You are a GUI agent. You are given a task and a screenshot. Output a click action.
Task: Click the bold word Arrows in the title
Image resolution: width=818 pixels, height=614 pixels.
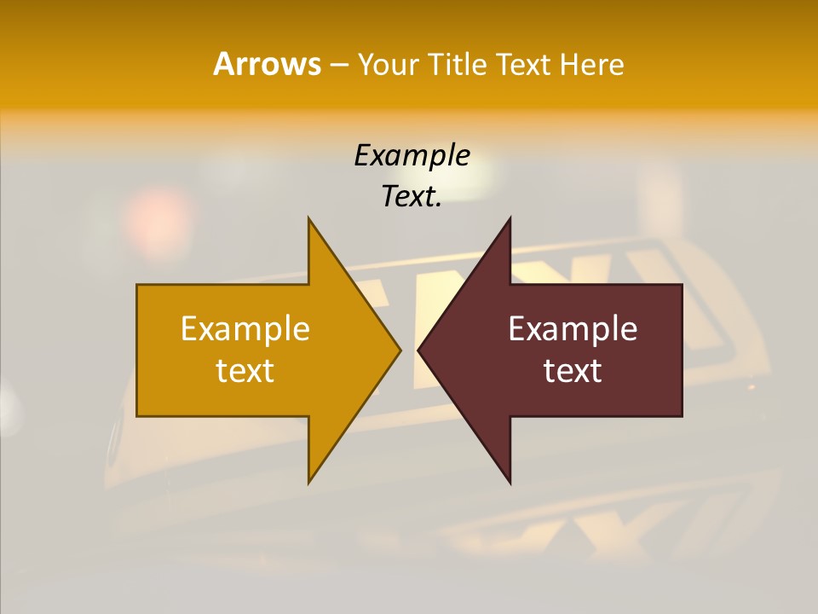pos(266,64)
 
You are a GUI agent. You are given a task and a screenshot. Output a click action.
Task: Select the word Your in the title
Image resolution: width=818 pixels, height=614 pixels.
pos(388,64)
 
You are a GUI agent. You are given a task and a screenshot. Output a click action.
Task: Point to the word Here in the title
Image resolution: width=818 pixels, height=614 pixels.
pos(592,64)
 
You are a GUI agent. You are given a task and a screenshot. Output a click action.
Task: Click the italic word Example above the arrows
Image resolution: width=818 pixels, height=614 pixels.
pos(412,155)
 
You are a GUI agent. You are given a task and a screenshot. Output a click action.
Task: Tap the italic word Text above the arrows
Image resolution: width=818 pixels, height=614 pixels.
pos(408,196)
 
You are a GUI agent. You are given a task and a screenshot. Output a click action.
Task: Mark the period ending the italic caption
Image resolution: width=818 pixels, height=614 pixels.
pos(439,205)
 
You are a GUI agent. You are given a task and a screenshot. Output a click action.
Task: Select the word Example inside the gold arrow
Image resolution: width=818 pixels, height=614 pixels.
pos(245,328)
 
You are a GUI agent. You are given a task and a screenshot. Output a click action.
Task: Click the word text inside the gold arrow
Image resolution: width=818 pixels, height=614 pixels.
pos(245,371)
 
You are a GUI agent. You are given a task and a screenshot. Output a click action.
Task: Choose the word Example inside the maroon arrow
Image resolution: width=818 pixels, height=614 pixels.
pos(573,328)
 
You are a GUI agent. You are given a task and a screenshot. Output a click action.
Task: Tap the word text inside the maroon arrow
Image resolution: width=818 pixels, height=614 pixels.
pos(573,371)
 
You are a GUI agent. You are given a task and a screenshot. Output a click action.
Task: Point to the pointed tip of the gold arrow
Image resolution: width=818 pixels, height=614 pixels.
pos(400,350)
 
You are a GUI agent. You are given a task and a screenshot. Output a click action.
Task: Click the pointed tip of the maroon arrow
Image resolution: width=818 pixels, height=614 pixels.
pos(419,350)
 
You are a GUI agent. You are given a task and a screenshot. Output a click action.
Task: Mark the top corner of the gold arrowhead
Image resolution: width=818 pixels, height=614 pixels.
pos(309,219)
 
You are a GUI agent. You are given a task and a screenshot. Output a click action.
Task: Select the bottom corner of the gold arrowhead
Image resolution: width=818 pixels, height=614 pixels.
pos(309,482)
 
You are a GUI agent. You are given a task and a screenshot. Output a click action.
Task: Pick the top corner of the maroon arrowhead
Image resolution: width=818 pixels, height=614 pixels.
pos(510,219)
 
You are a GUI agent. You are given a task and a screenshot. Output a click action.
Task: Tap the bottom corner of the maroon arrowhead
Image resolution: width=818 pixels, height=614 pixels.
pos(510,482)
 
